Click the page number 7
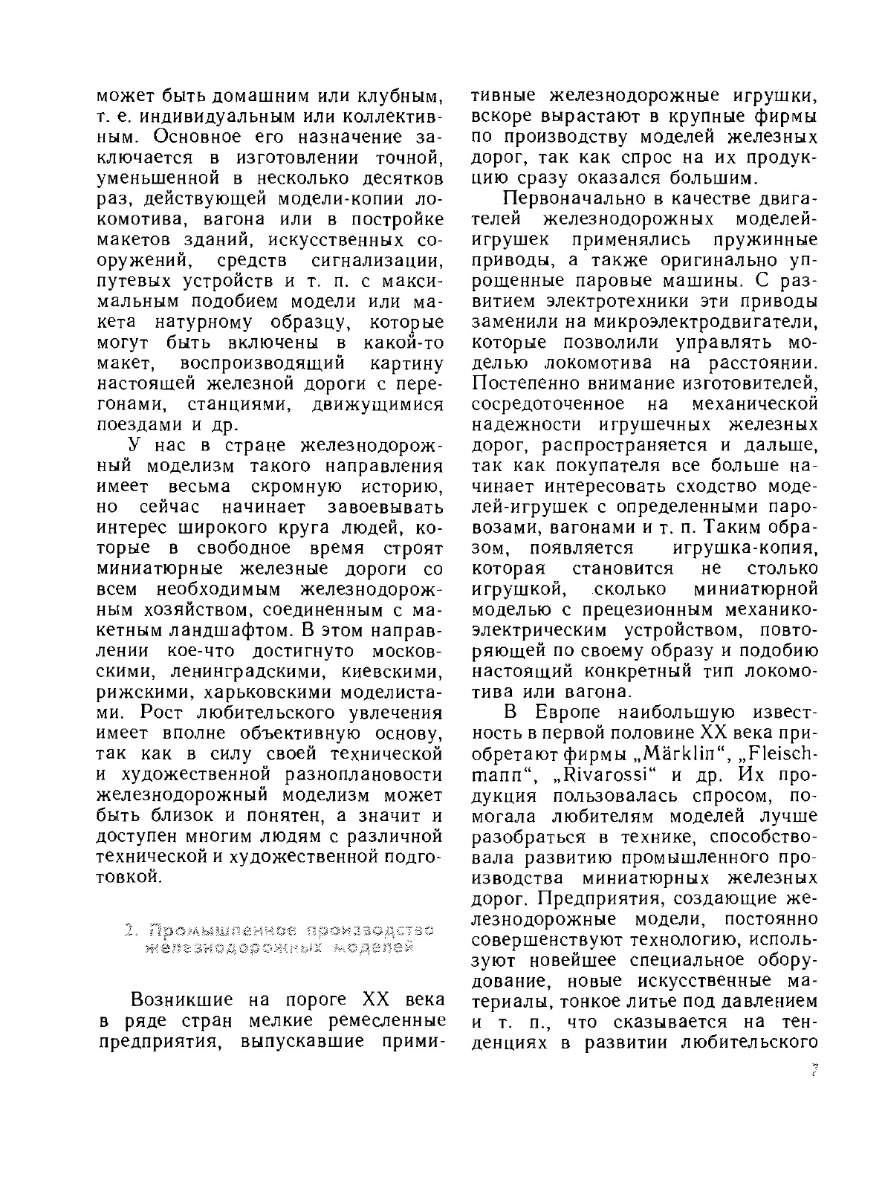(x=814, y=1072)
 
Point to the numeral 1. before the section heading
(x=131, y=930)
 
